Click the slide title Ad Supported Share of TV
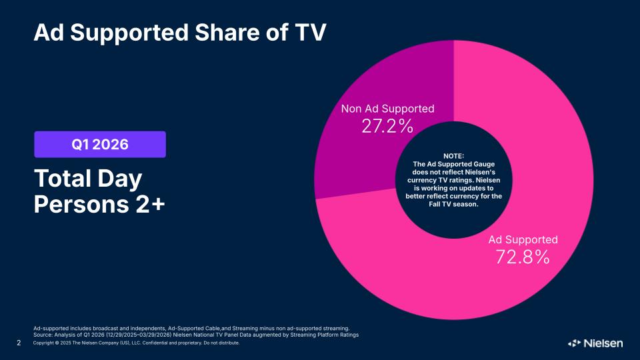[x=180, y=33]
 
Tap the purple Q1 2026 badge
[x=100, y=144]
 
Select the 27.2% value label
[x=387, y=126]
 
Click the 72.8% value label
[x=523, y=257]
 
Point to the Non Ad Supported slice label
[x=388, y=109]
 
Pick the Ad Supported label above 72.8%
[x=523, y=239]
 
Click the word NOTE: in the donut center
[x=453, y=156]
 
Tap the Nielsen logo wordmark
[x=603, y=343]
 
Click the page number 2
[x=19, y=343]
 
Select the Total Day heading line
[x=88, y=179]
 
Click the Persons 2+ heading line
[x=99, y=204]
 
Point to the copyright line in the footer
[x=136, y=343]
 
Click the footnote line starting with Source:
[x=196, y=335]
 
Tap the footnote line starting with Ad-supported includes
[x=191, y=328]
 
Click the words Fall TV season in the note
[x=453, y=204]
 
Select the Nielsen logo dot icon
[x=574, y=343]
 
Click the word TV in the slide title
[x=310, y=33]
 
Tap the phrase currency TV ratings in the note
[x=453, y=180]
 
